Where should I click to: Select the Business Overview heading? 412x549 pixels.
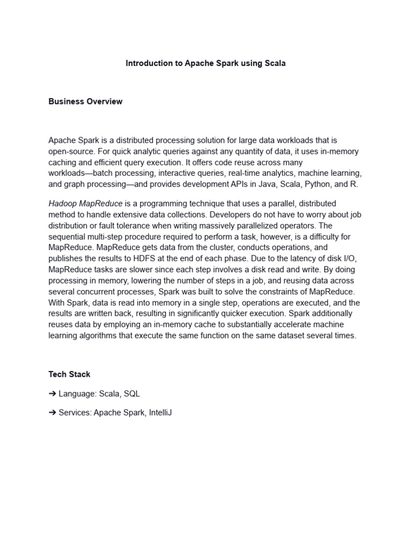click(x=85, y=101)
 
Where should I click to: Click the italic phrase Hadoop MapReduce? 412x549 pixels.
click(x=85, y=204)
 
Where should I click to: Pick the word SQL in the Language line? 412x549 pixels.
click(x=131, y=394)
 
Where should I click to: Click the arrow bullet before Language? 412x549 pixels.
click(x=53, y=394)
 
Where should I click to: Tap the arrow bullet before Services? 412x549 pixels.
click(x=53, y=413)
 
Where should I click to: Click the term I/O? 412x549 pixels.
click(x=352, y=258)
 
